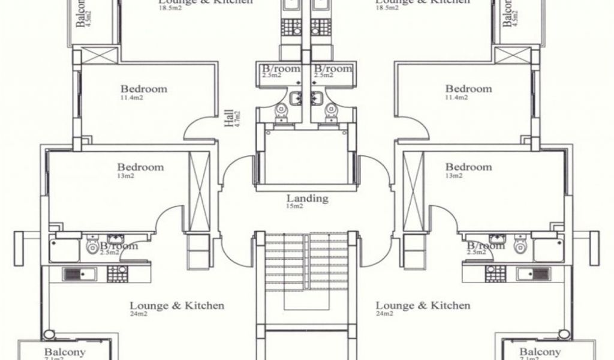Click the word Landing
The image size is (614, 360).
307,198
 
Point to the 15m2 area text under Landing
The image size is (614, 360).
294,206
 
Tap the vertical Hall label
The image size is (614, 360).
229,118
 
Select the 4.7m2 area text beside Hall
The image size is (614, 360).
237,118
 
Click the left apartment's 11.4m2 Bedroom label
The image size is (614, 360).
143,89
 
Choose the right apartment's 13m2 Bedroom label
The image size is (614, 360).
468,167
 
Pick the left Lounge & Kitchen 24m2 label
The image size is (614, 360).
177,306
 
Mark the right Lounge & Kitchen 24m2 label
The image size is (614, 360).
423,306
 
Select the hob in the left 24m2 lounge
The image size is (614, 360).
116,274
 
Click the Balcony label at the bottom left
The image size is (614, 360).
65,352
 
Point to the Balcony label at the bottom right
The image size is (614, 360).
540,352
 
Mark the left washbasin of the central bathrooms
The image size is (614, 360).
295,98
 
